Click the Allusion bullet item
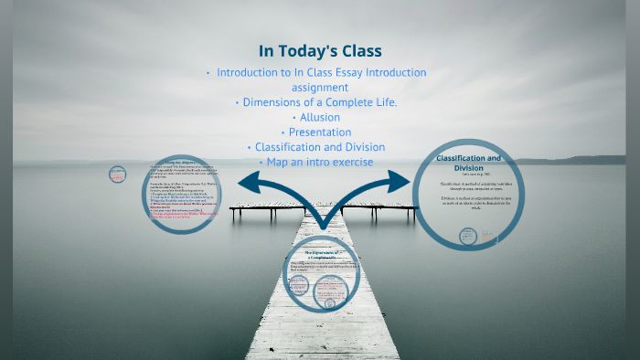coord(319,117)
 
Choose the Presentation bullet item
coord(319,132)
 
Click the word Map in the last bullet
coord(277,162)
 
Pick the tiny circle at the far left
coord(117,173)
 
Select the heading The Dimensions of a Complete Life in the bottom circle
coord(320,255)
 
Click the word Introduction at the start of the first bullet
coord(252,72)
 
